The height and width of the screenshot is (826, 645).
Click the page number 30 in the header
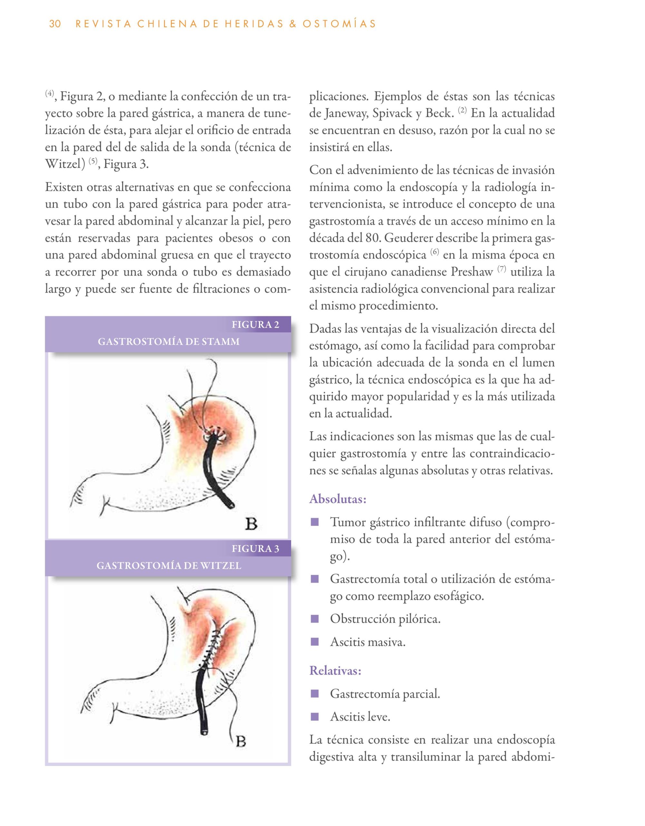pos(55,24)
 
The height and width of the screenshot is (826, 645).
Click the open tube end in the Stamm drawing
pos(230,505)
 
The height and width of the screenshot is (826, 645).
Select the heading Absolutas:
pos(338,499)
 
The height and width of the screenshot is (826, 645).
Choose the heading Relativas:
pos(336,670)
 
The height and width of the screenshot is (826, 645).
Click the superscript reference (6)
pos(435,252)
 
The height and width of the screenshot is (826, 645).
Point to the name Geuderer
pos(409,238)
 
